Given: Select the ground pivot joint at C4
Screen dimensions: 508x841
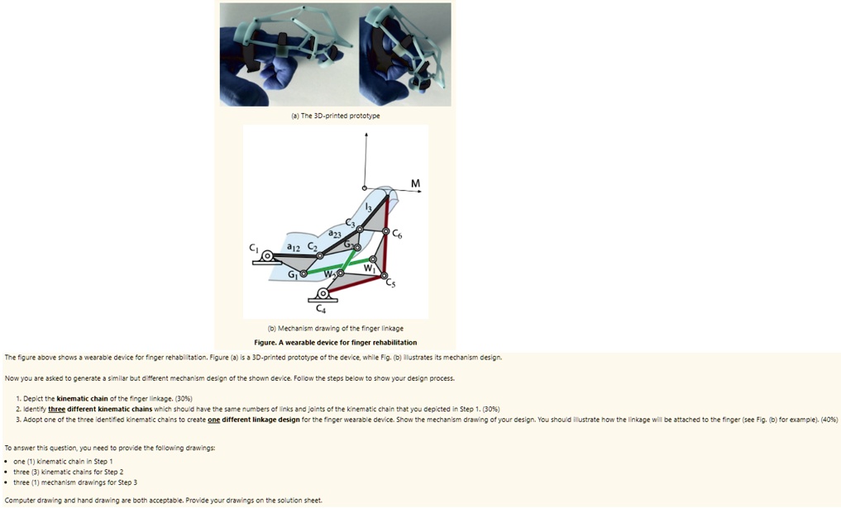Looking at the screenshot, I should (323, 292).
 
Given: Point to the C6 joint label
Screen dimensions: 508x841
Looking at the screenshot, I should (398, 236).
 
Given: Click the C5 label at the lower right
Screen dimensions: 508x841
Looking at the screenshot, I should (390, 283).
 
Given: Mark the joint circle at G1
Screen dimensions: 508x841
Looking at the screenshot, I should (303, 273).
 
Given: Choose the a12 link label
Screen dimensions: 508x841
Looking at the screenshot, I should (293, 246).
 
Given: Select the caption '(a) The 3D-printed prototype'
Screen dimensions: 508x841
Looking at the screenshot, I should (335, 116).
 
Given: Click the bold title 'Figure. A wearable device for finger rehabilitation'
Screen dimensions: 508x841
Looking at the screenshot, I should (335, 342).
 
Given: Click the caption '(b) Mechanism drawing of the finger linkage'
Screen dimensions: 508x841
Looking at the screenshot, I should (335, 328).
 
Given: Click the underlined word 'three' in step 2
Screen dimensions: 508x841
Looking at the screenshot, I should (56, 409).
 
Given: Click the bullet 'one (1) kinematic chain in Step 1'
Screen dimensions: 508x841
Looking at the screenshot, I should (63, 461).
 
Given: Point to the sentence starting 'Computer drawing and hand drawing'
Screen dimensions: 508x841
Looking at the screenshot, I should (163, 500).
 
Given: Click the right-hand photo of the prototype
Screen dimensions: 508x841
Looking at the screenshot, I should (404, 55).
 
